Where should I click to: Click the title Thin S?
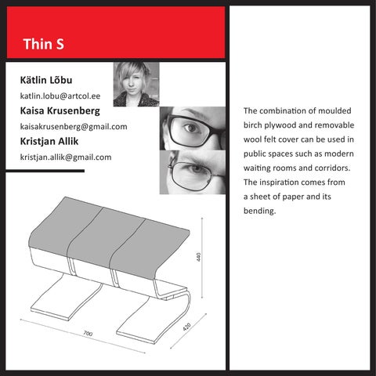pos(43,44)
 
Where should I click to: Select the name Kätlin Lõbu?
pos(46,80)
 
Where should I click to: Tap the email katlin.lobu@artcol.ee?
pos(60,96)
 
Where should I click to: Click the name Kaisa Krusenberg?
pos(60,110)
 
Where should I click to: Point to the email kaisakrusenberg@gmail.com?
pos(74,127)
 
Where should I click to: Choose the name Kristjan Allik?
pos(49,141)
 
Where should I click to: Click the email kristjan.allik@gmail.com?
pos(66,157)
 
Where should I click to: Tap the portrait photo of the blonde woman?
pos(136,85)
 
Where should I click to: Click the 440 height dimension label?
pos(198,257)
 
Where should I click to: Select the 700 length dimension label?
pos(88,334)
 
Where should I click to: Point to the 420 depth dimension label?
pos(186,327)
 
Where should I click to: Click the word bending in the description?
pos(260,211)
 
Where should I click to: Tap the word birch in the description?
pos(253,125)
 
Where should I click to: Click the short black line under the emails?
pos(45,171)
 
